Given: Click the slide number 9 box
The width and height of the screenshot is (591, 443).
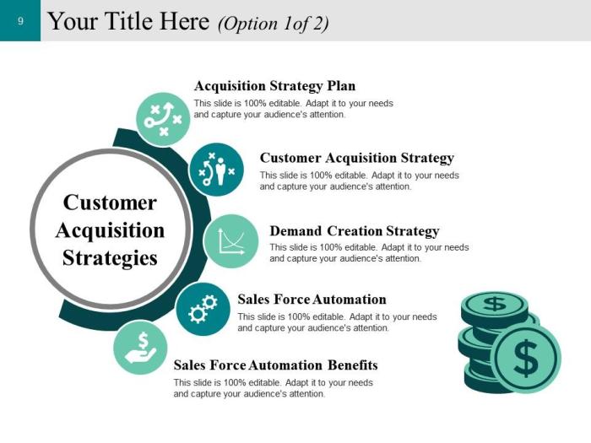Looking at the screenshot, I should tap(20, 20).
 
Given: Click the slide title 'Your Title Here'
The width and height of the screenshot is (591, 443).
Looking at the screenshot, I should tap(127, 22).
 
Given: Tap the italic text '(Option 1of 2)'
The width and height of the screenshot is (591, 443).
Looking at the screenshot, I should tap(273, 24).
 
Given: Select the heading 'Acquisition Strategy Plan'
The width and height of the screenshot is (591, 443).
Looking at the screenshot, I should tap(274, 86).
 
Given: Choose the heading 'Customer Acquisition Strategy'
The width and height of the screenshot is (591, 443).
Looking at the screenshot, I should tap(356, 158).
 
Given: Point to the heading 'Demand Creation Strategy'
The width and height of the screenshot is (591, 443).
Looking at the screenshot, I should tap(354, 231).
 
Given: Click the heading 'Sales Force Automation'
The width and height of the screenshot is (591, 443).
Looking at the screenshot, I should tap(312, 300).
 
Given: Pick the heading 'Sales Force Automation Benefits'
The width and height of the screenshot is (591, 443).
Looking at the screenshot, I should tap(275, 365).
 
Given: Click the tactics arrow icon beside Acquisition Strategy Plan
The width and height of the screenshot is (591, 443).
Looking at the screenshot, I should tap(163, 119).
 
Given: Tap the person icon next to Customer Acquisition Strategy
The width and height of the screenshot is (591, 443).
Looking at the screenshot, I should tap(216, 170).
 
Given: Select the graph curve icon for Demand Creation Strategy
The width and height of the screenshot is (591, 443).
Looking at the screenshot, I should tap(231, 241).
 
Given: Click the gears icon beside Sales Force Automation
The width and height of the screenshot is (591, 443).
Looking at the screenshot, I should tap(203, 308).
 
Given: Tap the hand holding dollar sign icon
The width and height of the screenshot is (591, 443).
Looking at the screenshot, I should tap(140, 348).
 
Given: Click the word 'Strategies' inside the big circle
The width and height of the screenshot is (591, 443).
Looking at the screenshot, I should tap(110, 257).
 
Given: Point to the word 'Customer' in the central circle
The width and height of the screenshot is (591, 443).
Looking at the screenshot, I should tap(110, 203).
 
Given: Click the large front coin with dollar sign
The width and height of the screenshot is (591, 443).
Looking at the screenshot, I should tap(525, 359).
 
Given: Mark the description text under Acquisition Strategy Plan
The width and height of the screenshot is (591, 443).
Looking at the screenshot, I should tap(293, 109).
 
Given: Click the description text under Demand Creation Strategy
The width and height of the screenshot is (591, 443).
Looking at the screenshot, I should tap(369, 253).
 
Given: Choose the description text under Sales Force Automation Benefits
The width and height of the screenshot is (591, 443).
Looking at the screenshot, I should tap(273, 388).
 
